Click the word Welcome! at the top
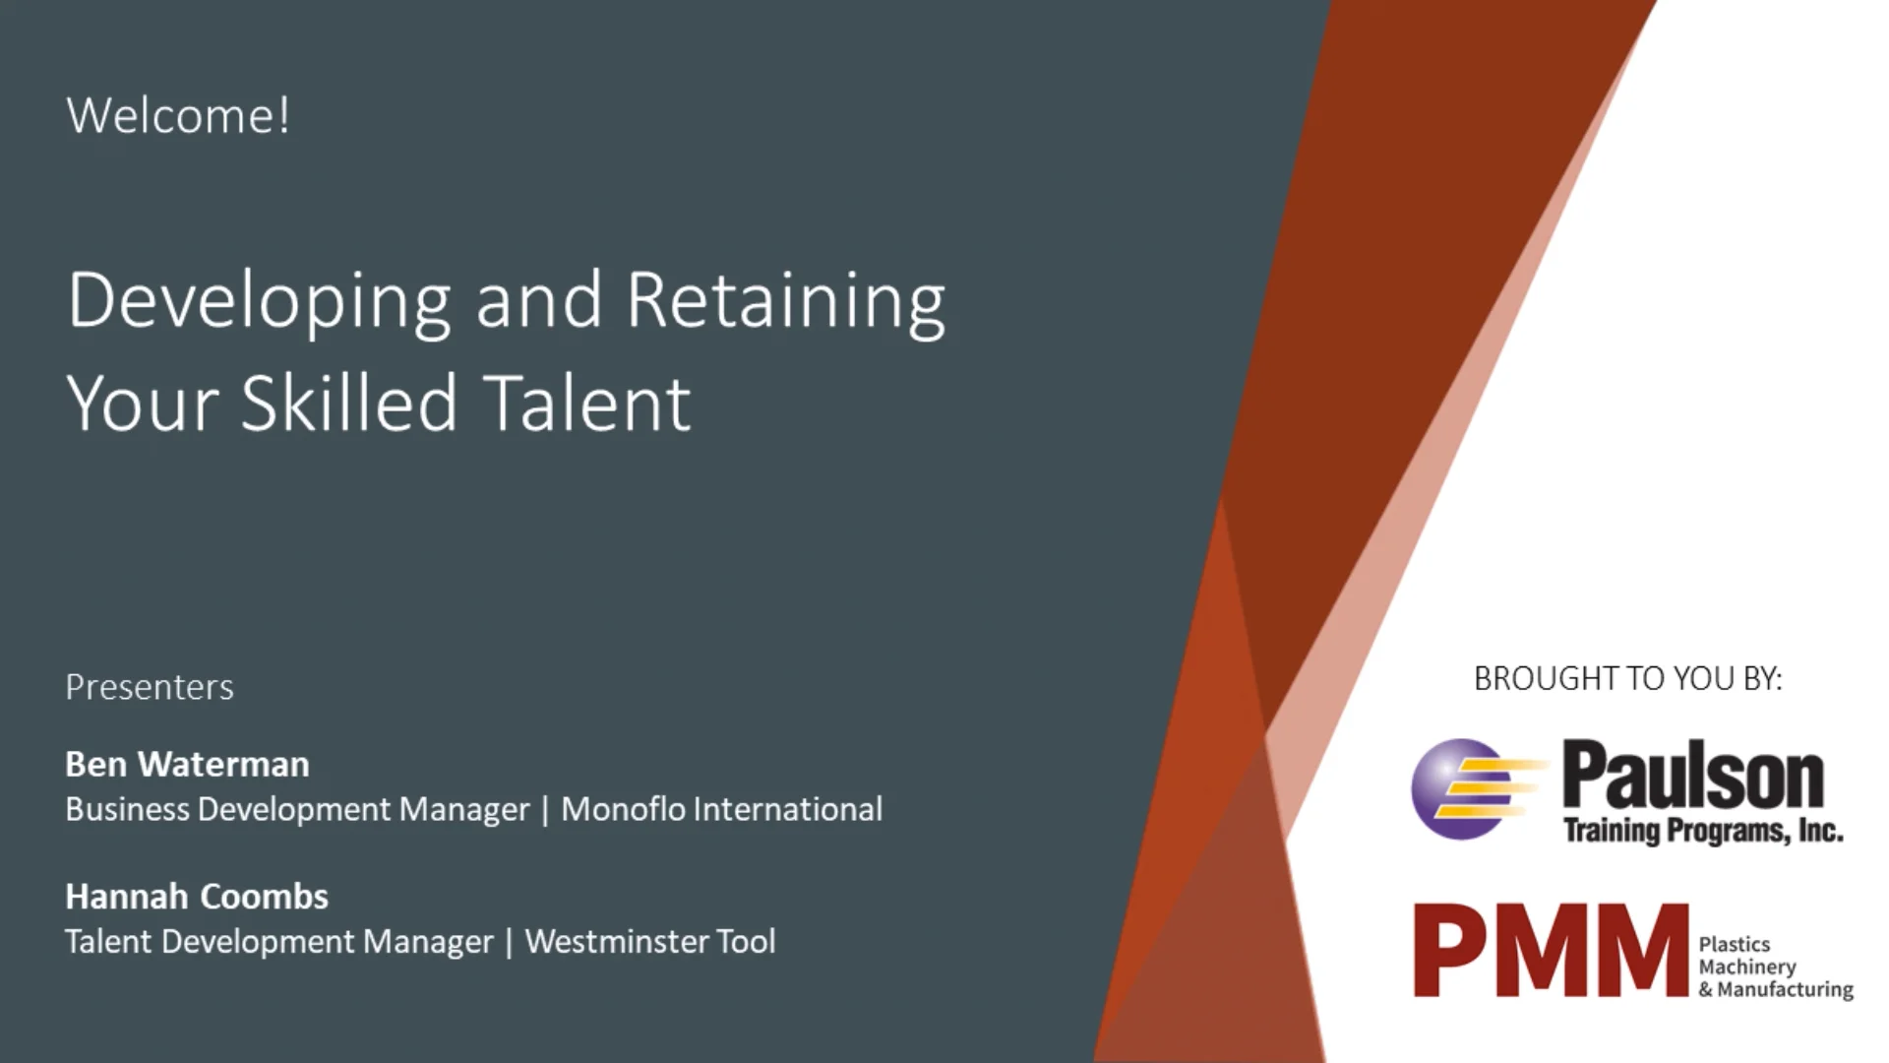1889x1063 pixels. point(178,115)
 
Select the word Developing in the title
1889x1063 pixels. point(259,300)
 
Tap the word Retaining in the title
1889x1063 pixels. point(785,300)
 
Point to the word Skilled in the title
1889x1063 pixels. point(349,404)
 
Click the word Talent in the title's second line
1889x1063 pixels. point(586,404)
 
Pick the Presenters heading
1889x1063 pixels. point(150,687)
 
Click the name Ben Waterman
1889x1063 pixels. point(187,765)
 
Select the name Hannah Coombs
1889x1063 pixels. point(197,897)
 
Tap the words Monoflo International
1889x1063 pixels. point(721,809)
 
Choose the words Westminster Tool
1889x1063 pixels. point(650,942)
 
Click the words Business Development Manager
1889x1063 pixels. point(297,809)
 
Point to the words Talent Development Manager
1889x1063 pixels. point(279,942)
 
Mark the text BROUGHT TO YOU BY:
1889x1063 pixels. point(1627,679)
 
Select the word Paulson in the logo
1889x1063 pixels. point(1693,777)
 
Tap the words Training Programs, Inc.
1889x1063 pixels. point(1703,832)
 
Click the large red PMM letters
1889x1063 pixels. point(1550,952)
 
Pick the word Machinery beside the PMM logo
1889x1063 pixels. point(1747,967)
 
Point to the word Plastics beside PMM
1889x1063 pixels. point(1734,944)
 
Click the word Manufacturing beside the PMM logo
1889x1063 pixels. point(1785,989)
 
